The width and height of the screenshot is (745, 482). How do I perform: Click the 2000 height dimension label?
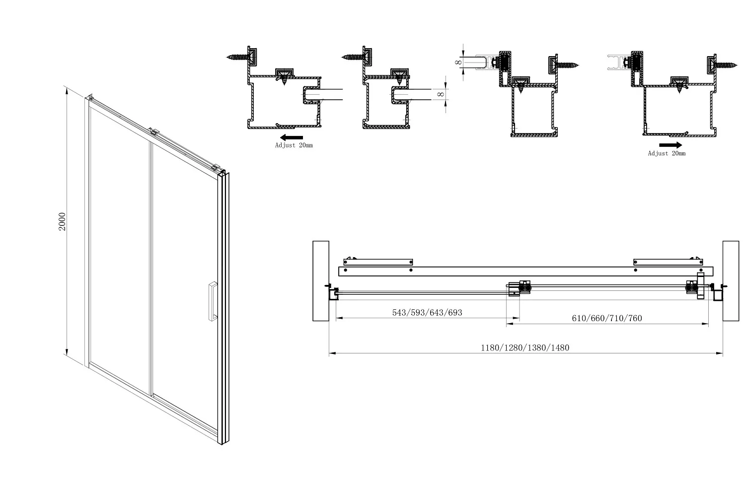click(62, 221)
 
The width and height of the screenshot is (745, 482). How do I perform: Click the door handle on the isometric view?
click(213, 301)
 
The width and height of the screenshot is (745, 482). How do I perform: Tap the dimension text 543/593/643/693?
click(427, 312)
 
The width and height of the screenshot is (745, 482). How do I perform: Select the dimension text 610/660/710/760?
click(606, 318)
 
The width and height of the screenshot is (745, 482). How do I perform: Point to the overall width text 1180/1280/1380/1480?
click(525, 347)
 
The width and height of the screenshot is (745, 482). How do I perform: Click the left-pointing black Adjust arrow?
click(292, 138)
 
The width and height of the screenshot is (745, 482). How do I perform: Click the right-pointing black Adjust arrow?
click(670, 145)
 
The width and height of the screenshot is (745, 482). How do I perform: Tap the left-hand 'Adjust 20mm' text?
click(294, 145)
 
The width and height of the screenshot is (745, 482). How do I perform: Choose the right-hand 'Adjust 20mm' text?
click(667, 153)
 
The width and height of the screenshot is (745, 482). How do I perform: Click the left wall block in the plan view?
click(321, 281)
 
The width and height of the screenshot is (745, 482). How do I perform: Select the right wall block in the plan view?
click(731, 281)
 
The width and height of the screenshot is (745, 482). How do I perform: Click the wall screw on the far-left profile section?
click(237, 57)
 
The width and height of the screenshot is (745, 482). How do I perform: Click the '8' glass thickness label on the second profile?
click(441, 94)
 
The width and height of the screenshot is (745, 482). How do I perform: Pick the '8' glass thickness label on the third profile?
click(458, 62)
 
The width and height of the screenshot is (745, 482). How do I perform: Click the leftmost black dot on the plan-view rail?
click(346, 270)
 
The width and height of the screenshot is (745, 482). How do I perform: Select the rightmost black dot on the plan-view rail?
click(701, 270)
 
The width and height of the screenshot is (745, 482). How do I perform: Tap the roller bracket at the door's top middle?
click(154, 132)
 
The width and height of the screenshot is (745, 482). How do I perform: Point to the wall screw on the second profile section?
click(353, 57)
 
